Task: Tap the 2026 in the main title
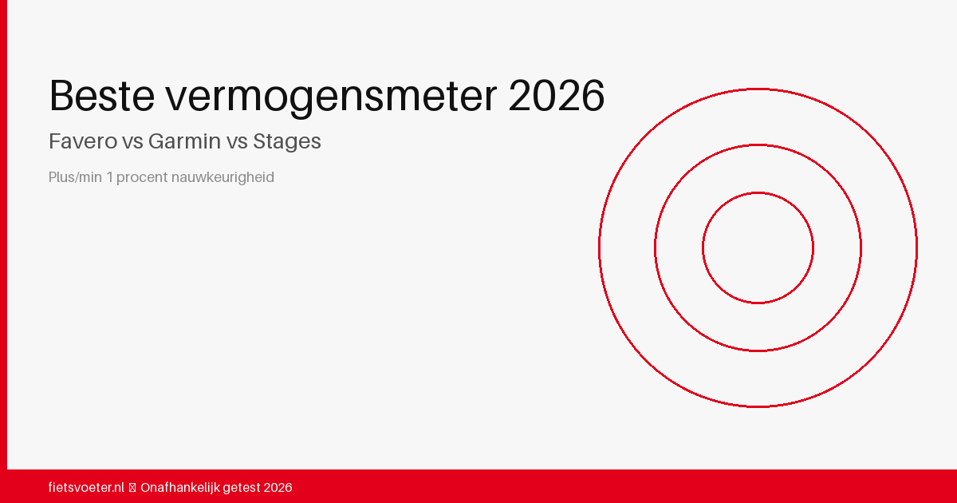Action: pos(556,96)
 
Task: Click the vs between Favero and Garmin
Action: pos(132,142)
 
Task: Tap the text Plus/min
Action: pos(75,177)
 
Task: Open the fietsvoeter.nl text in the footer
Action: pos(86,487)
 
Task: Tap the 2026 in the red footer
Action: pos(278,487)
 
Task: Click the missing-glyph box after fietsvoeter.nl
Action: pos(132,487)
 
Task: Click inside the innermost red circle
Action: pos(758,248)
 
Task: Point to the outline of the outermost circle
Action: pos(599,248)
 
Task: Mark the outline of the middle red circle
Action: pos(655,248)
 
